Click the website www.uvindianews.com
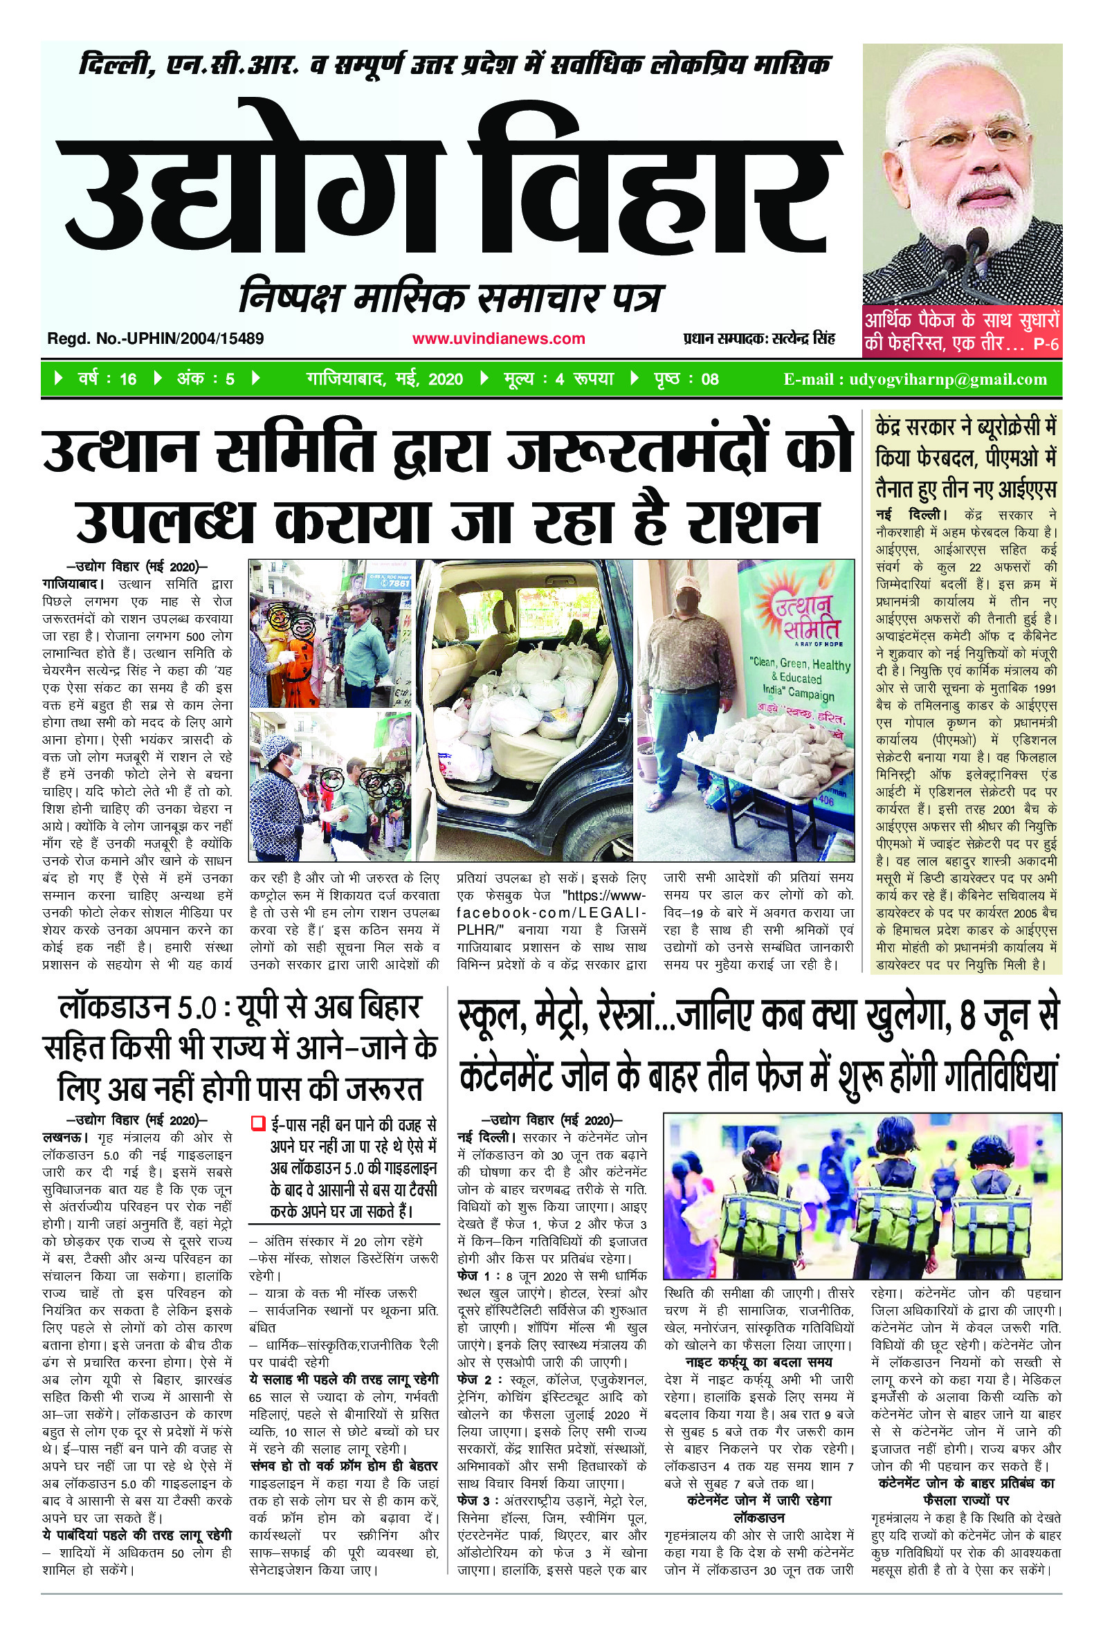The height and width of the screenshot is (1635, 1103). tap(498, 339)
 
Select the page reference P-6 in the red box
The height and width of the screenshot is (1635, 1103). tap(1046, 345)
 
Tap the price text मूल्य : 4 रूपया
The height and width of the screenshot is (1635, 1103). tap(558, 380)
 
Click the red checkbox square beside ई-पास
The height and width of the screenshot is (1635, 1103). tap(257, 1123)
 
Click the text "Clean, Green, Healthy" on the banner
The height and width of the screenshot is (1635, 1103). tap(801, 664)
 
